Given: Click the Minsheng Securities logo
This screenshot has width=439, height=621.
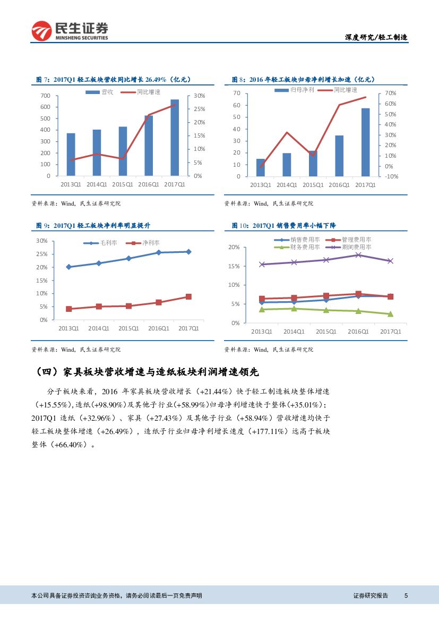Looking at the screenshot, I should tap(70, 31).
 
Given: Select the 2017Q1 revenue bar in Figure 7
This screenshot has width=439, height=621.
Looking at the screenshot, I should tap(175, 137).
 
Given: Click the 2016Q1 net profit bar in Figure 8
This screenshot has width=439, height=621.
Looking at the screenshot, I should tap(339, 156).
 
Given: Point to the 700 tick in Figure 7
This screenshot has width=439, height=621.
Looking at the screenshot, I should tap(46, 96).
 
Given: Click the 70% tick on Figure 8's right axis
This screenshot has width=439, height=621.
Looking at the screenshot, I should tap(390, 93).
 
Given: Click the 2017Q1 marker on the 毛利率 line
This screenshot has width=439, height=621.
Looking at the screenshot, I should tap(188, 252).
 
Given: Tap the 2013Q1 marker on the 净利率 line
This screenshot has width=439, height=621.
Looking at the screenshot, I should tap(68, 309).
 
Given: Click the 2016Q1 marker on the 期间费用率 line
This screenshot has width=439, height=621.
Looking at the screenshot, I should tap(358, 255).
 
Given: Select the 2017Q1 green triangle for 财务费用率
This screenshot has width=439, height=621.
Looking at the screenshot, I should tap(390, 314).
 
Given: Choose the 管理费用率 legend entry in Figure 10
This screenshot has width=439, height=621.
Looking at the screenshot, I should tap(351, 240).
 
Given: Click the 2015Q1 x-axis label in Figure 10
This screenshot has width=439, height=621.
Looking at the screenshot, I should tap(326, 331).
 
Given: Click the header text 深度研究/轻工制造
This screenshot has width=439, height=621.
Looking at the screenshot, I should tap(376, 37).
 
